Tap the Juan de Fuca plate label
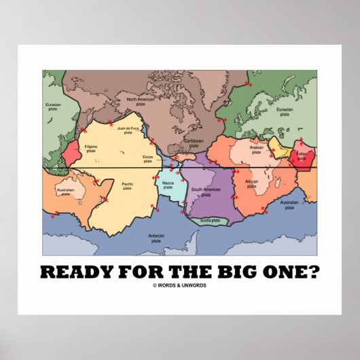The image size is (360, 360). tap(127, 130)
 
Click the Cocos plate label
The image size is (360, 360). tap(147, 160)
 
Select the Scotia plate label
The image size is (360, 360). tap(209, 220)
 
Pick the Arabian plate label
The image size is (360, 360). tap(255, 150)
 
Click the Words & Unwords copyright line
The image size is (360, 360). tap(180, 285)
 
